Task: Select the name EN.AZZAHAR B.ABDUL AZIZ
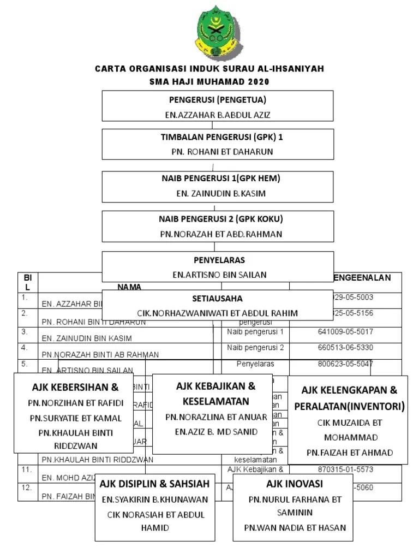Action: pos(218,115)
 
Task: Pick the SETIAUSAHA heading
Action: pos(217,299)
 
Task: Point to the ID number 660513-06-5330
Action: pos(345,348)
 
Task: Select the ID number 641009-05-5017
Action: pos(345,331)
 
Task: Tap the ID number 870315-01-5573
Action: pos(345,469)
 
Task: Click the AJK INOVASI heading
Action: pos(295,484)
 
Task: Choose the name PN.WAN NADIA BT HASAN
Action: pos(295,528)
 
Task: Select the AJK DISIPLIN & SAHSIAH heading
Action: pos(154,484)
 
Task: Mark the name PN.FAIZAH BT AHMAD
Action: pos(349,453)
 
